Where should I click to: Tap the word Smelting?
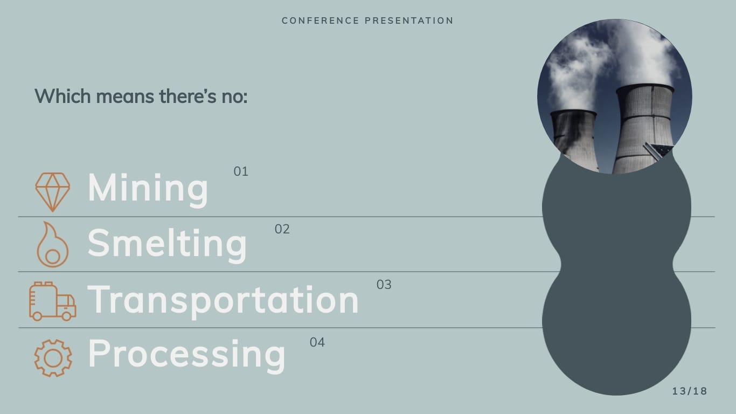[x=167, y=244]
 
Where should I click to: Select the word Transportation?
[x=223, y=300]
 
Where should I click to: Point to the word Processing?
[x=186, y=354]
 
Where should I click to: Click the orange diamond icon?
[x=52, y=191]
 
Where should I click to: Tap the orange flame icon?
[x=52, y=246]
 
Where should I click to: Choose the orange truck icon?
[x=52, y=301]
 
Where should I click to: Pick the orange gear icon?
[x=52, y=357]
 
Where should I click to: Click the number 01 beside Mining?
[x=241, y=172]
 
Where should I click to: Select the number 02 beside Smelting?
[x=282, y=230]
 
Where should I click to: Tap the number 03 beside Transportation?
[x=384, y=285]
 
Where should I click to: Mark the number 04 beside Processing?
[x=317, y=342]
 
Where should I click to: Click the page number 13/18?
[x=690, y=391]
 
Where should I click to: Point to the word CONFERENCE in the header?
[x=320, y=21]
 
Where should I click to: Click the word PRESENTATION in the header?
[x=409, y=21]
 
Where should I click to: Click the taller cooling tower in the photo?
[x=644, y=127]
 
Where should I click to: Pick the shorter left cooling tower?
[x=574, y=137]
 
